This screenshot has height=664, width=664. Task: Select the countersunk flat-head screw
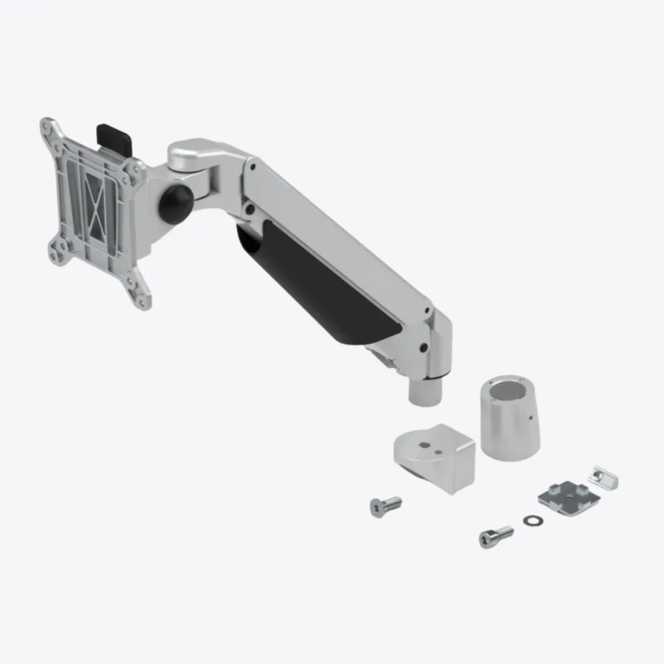pos(384,505)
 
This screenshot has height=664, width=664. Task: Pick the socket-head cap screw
pos(495,535)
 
